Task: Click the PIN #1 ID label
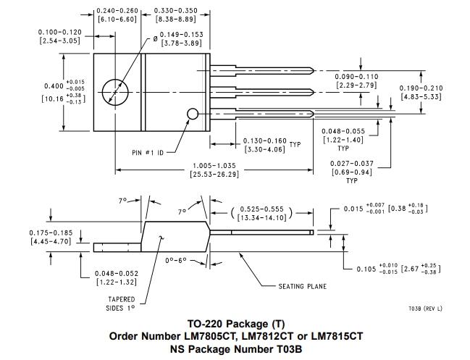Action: pos(148,153)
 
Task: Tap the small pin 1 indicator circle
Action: pos(193,114)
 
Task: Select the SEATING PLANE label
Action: pos(303,287)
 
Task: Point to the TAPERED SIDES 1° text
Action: pos(121,304)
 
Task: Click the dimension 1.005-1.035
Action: pos(214,166)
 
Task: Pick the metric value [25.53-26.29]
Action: pos(214,174)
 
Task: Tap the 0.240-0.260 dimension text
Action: pos(117,11)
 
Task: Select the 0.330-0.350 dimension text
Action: pos(176,11)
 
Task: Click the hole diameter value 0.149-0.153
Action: pos(181,35)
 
